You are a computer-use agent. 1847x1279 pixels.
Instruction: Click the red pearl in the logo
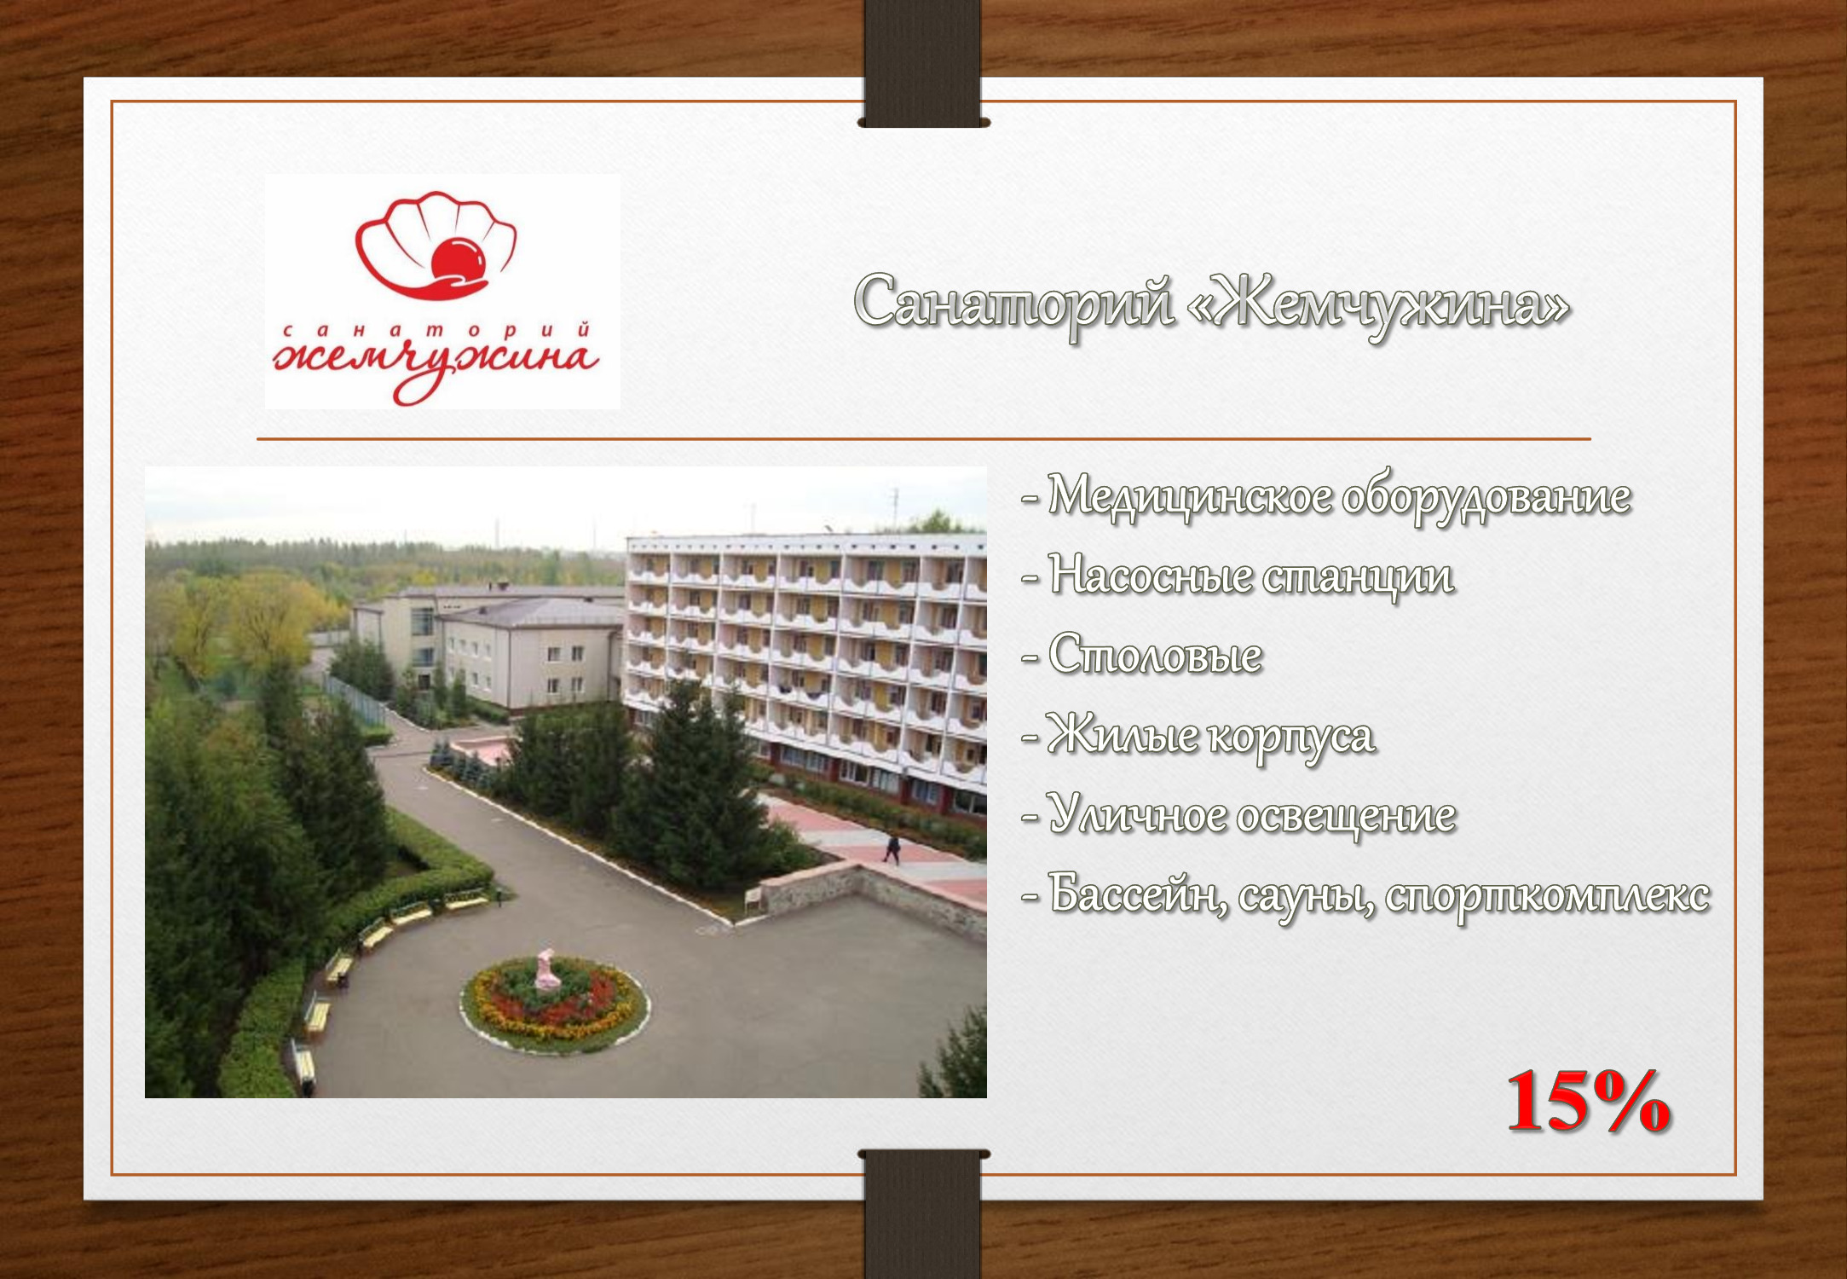click(x=459, y=259)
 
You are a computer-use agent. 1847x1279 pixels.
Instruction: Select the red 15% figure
click(x=1589, y=1102)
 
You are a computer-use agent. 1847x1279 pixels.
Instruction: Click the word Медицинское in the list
click(x=1190, y=495)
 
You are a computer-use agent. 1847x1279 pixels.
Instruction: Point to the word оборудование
click(x=1486, y=498)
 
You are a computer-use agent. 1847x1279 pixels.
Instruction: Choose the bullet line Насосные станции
click(x=1238, y=575)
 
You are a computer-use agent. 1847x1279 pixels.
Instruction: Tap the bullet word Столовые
click(x=1155, y=655)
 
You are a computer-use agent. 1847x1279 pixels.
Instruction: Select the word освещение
click(x=1347, y=816)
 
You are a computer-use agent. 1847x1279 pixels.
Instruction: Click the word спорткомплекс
click(x=1547, y=897)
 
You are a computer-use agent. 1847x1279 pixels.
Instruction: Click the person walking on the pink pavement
click(x=892, y=848)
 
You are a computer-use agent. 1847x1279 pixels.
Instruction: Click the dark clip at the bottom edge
click(x=923, y=1213)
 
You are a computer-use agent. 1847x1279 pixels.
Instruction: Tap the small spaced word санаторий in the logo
click(x=436, y=330)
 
